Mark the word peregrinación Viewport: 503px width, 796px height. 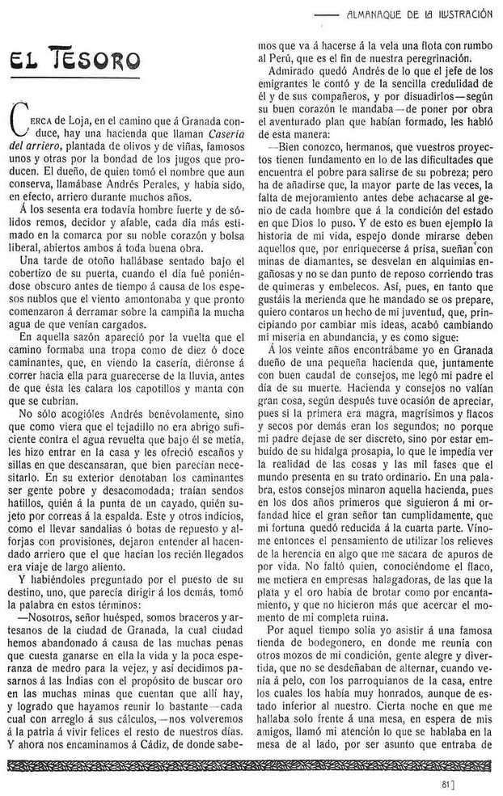click(429, 61)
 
